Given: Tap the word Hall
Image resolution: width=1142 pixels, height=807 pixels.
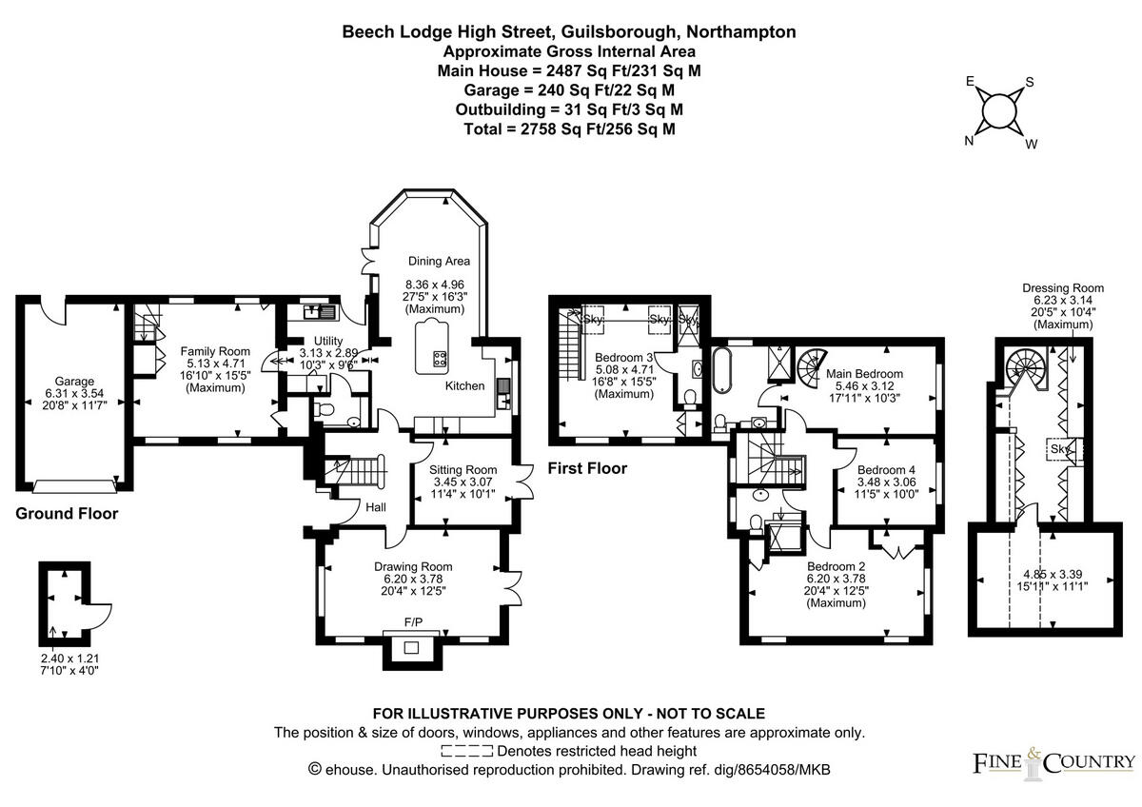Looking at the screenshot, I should pos(375,507).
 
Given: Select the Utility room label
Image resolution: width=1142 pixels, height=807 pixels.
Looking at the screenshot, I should pos(315,341).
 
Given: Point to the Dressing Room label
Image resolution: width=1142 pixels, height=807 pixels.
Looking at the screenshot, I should pos(1062,288).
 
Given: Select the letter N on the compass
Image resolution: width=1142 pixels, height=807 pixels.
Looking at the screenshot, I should pos(970,141).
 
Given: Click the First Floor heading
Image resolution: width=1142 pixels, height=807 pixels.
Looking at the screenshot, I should pos(587,468).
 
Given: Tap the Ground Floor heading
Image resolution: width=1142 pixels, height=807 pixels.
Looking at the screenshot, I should pos(67,514).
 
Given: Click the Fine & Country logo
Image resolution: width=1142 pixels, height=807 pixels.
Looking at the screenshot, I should pos(1053,761).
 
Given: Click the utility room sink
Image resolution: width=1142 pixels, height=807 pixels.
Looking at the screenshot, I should pos(317,310).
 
